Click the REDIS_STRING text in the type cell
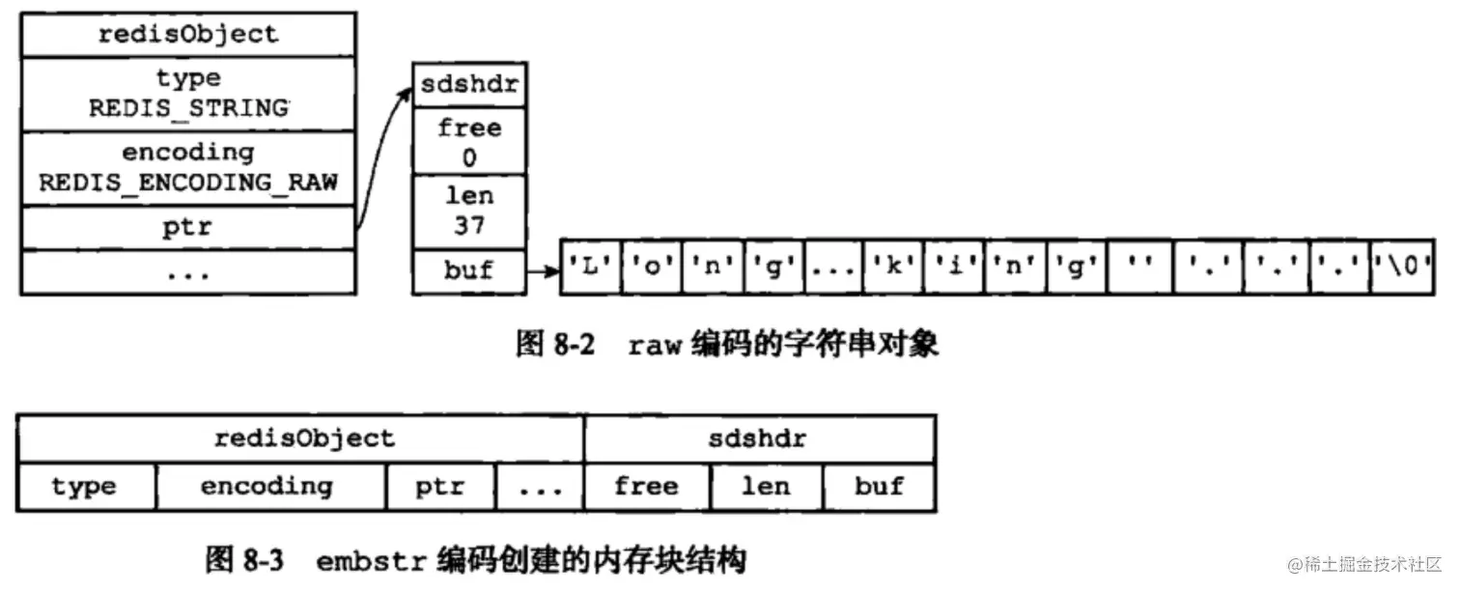[188, 108]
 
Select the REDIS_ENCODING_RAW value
[188, 182]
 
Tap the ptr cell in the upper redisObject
[188, 228]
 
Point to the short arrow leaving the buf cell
[543, 271]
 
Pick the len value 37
[469, 226]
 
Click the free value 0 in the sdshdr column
[469, 157]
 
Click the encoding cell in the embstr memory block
[270, 487]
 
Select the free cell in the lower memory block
[646, 487]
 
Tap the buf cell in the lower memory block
[878, 487]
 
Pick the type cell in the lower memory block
[86, 487]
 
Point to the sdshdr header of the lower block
[759, 439]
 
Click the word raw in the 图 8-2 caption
[656, 346]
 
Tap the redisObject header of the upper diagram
[188, 36]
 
